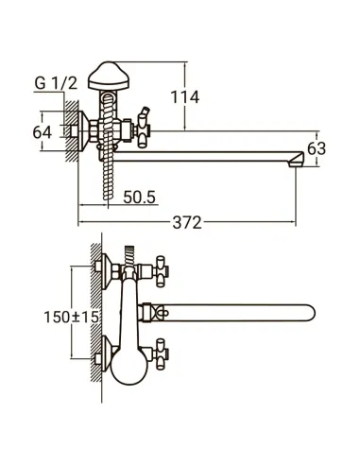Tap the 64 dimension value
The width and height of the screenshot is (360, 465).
(x=43, y=131)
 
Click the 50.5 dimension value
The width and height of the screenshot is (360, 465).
(x=139, y=197)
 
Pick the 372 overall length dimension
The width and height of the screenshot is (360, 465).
(x=188, y=222)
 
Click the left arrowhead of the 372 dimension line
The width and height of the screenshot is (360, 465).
(x=81, y=222)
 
